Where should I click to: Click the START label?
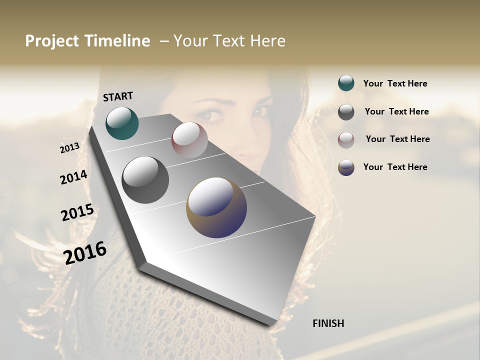pyautogui.click(x=118, y=96)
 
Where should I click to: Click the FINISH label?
pyautogui.click(x=328, y=323)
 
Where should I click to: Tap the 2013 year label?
pyautogui.click(x=69, y=147)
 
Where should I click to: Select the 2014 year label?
pyautogui.click(x=73, y=177)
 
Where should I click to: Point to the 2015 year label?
pyautogui.click(x=77, y=212)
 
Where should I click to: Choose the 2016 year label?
pyautogui.click(x=85, y=252)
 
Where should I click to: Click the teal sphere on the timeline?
pyautogui.click(x=122, y=123)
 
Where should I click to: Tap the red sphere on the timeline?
pyautogui.click(x=189, y=140)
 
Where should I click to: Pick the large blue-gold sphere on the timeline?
pyautogui.click(x=216, y=207)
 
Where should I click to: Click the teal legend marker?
pyautogui.click(x=346, y=83)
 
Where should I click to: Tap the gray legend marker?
pyautogui.click(x=346, y=112)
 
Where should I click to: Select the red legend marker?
pyautogui.click(x=346, y=140)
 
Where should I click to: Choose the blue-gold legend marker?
pyautogui.click(x=346, y=167)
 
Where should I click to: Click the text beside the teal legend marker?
pyautogui.click(x=395, y=84)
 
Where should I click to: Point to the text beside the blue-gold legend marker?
pyautogui.click(x=395, y=167)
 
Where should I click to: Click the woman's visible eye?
pyautogui.click(x=213, y=116)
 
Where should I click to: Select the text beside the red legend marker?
pyautogui.click(x=397, y=139)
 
